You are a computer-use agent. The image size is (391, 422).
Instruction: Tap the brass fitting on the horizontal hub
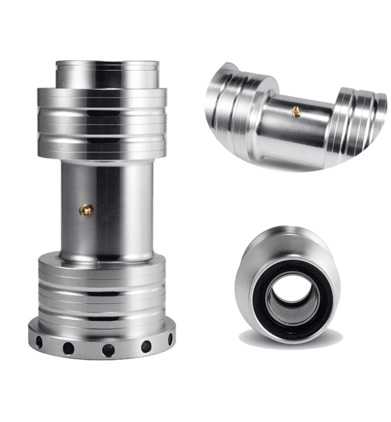coord(297,111)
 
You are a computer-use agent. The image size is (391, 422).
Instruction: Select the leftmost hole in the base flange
coord(39,342)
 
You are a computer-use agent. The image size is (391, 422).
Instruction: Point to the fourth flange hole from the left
coord(146,347)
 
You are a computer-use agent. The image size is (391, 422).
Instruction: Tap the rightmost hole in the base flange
coord(170,339)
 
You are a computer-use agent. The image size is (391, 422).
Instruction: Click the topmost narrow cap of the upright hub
coord(107,73)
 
